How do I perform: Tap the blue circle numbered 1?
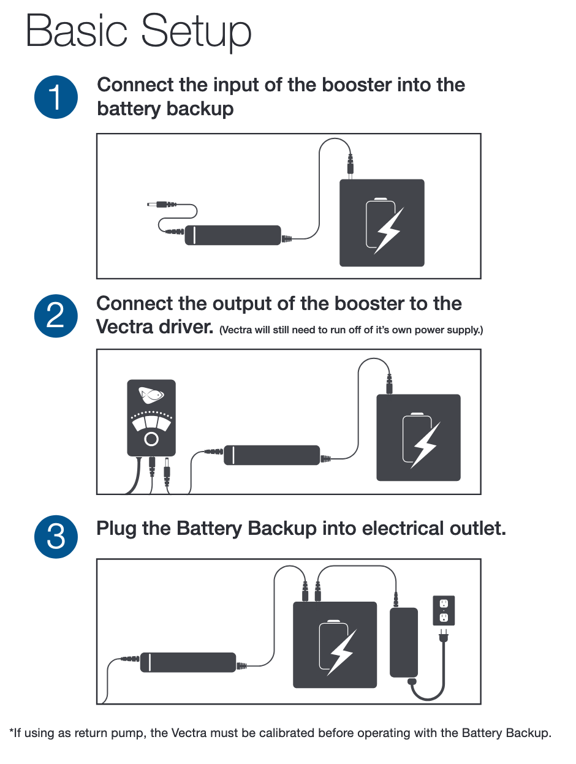[x=56, y=97]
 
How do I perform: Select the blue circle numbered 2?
[x=56, y=316]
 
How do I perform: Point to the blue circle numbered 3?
[x=56, y=537]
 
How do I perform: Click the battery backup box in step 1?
[x=382, y=223]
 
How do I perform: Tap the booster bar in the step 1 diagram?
[x=233, y=235]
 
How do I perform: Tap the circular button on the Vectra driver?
[x=151, y=439]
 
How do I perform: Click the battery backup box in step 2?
[x=418, y=437]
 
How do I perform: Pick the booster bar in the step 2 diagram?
[x=271, y=455]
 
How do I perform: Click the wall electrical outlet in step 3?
[x=444, y=610]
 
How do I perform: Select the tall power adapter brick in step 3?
[x=404, y=642]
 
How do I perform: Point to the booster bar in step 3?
[x=188, y=662]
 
